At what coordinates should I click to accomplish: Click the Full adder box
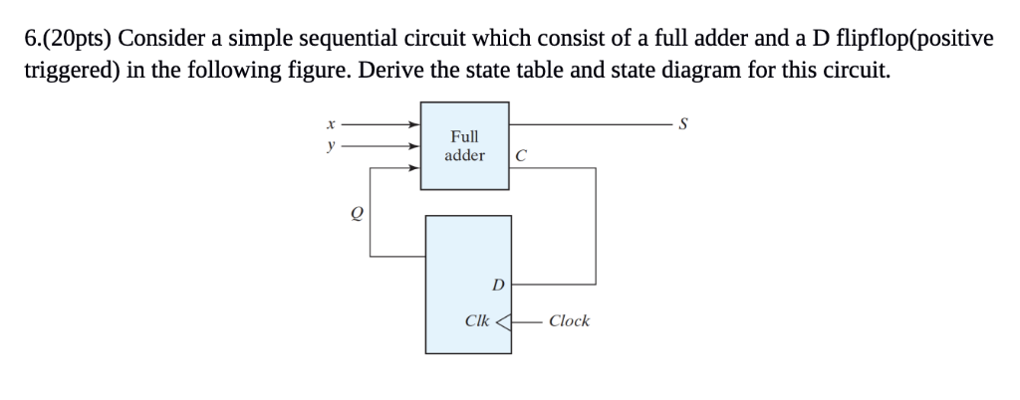tap(464, 145)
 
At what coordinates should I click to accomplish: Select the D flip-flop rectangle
tap(468, 284)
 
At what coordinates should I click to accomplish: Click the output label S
tap(681, 125)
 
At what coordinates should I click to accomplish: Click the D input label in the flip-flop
tap(497, 285)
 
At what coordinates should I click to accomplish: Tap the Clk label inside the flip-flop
tap(477, 320)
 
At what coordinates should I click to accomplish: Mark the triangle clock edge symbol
tap(505, 320)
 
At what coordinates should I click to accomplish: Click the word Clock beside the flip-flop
tap(569, 320)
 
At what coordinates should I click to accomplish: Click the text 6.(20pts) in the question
tap(66, 40)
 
